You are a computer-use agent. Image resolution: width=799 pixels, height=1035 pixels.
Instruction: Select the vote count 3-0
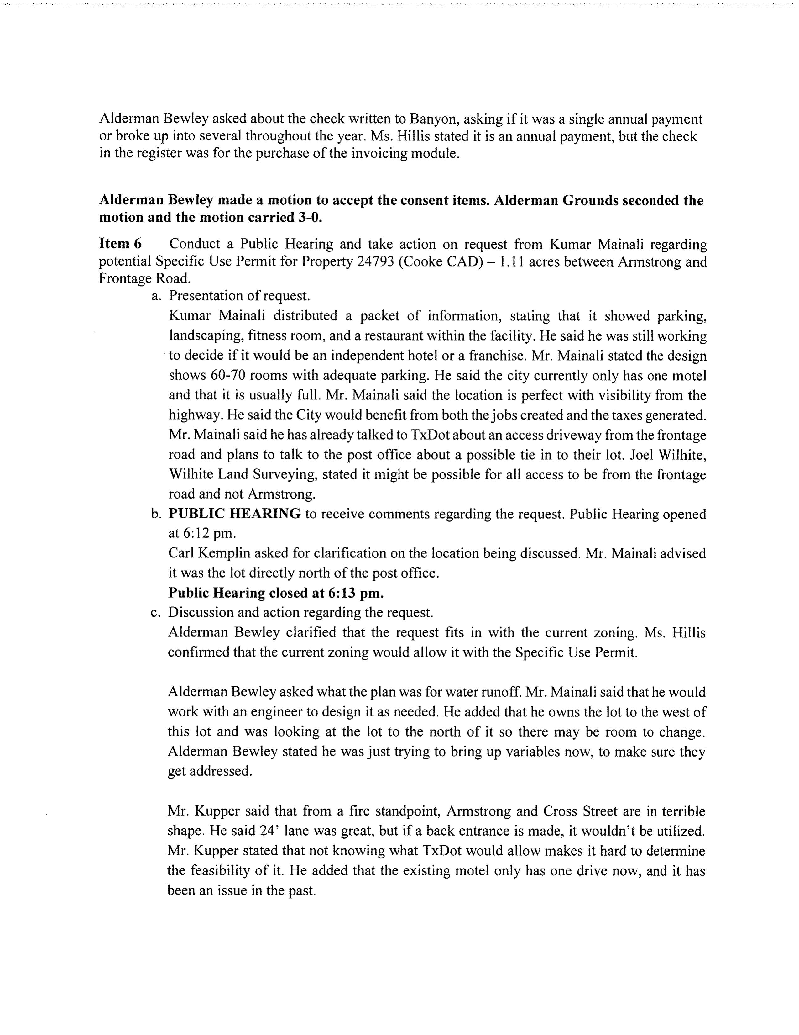click(306, 218)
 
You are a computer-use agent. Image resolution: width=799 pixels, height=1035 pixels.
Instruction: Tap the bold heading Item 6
click(120, 244)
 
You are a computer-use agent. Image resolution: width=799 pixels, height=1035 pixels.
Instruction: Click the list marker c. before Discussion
click(156, 613)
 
